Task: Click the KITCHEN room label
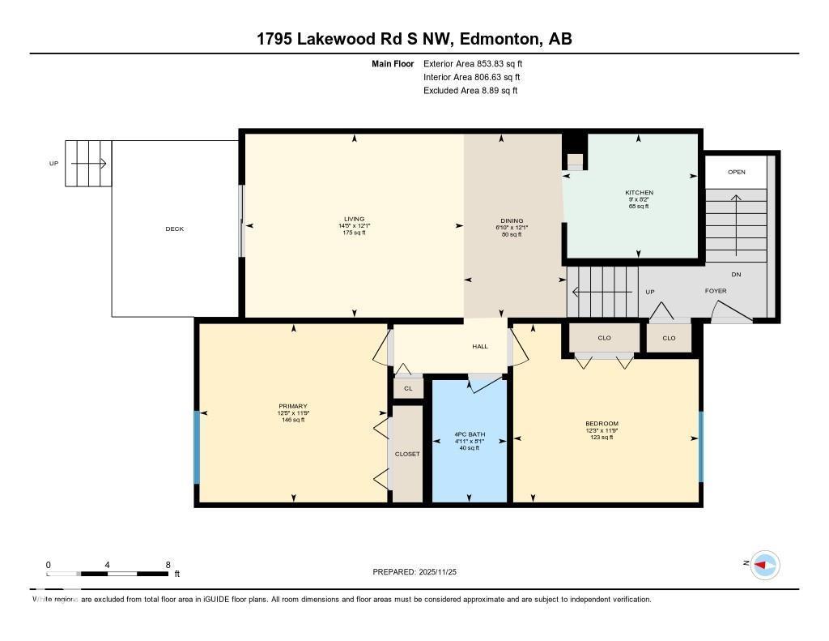639,193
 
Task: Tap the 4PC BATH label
469,434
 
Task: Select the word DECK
174,229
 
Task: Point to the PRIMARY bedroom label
292,406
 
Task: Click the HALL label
480,347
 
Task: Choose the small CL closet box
408,389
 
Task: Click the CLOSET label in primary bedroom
407,454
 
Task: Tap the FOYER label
716,291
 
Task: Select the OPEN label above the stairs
736,172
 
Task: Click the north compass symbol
764,565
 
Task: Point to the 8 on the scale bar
168,565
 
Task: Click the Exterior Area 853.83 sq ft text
478,64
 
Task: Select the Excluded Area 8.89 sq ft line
470,91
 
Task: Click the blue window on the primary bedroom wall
196,447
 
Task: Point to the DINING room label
512,220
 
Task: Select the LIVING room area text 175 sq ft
354,233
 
